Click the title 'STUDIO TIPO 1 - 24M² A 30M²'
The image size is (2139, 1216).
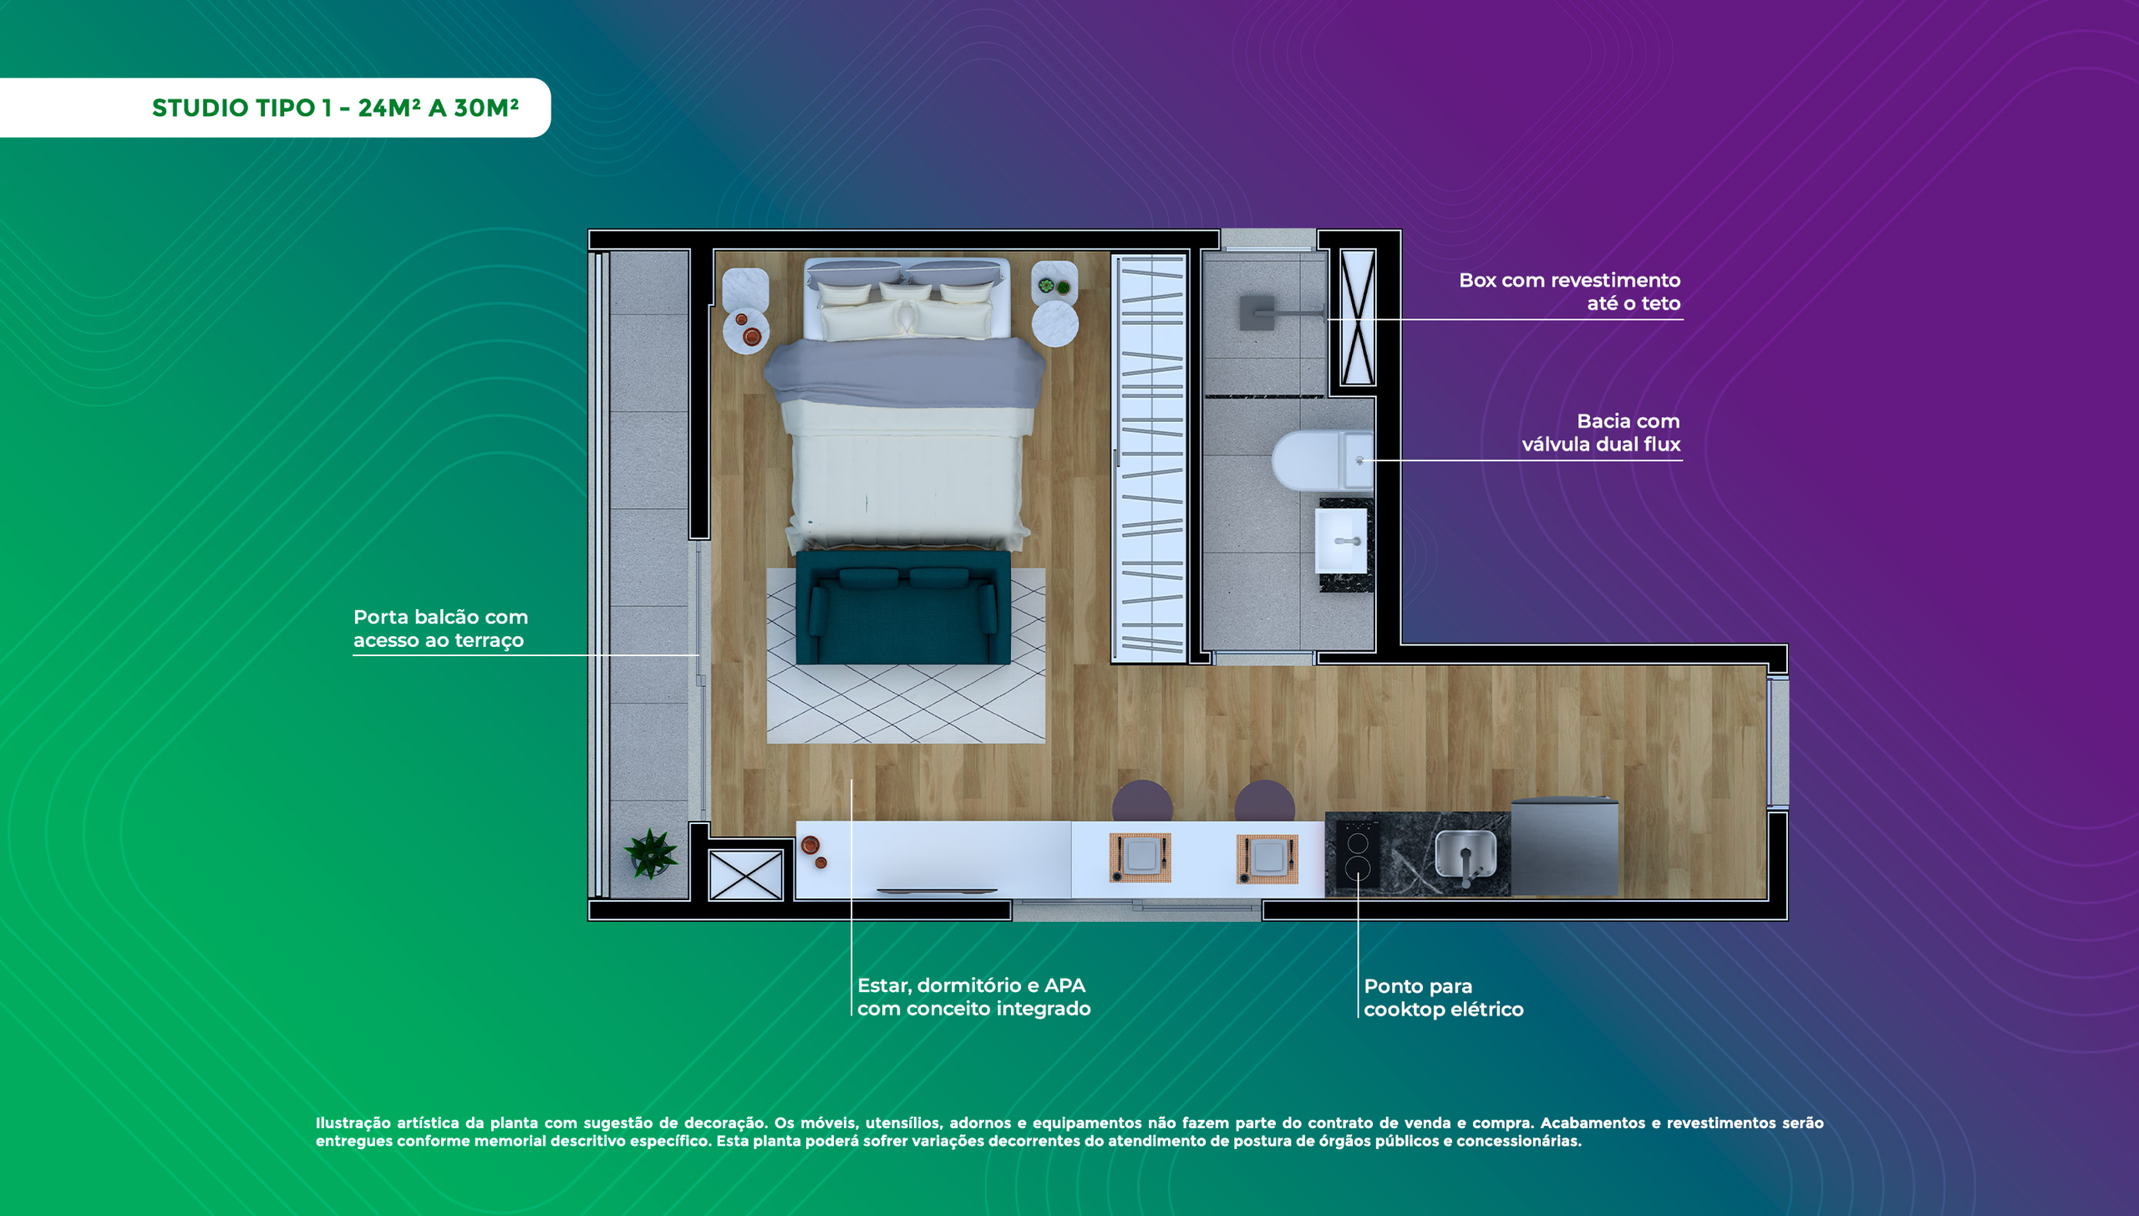(335, 108)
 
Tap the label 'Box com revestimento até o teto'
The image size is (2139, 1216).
(1569, 292)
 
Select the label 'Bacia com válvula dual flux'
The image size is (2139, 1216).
(1600, 432)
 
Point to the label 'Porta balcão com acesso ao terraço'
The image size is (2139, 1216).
(440, 628)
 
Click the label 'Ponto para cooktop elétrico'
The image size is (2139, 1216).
(1443, 997)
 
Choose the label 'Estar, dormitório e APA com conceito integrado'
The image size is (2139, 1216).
(973, 996)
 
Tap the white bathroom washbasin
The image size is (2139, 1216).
(1341, 541)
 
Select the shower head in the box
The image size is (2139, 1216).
(1257, 313)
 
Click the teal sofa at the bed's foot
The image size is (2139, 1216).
(903, 608)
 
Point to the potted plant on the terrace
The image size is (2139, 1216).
(650, 853)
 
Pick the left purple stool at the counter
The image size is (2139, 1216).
(1142, 801)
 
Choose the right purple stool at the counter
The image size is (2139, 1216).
(1264, 801)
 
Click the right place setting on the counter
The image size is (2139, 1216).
(1268, 858)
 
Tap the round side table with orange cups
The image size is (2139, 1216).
(745, 330)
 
